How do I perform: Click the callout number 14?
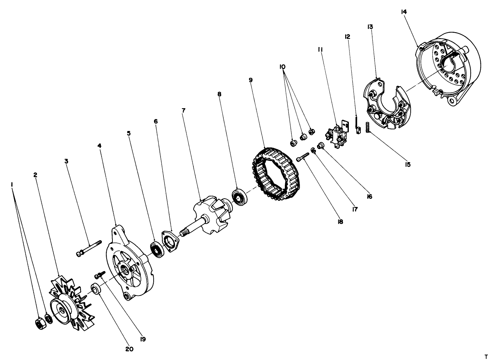click(404, 12)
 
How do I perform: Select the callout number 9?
click(251, 80)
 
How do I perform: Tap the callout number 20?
click(129, 349)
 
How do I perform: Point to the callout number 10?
click(282, 67)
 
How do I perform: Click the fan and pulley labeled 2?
click(69, 304)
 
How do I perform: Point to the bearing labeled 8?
click(239, 198)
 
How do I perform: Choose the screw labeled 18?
click(302, 157)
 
